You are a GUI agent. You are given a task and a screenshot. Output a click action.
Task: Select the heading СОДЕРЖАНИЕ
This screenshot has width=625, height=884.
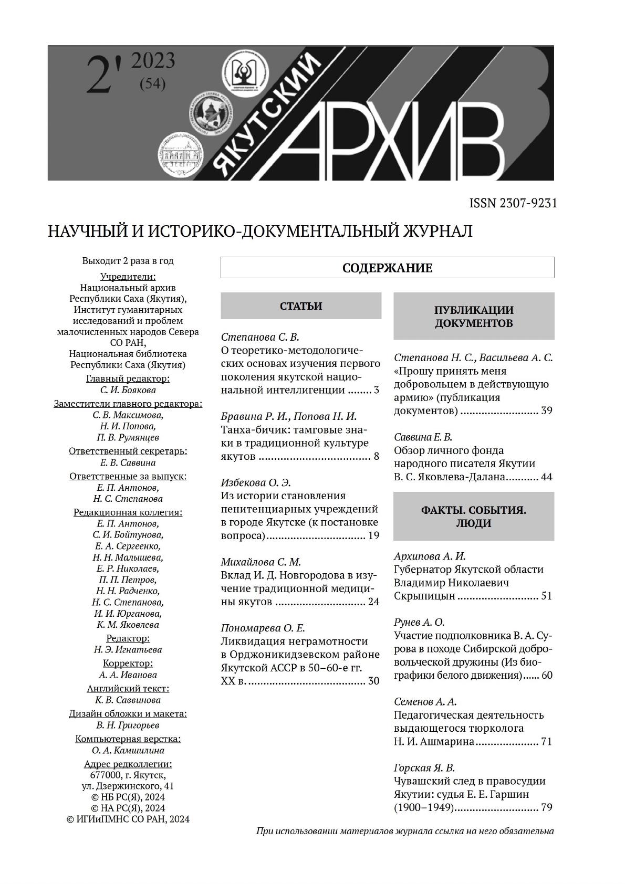pos(387,268)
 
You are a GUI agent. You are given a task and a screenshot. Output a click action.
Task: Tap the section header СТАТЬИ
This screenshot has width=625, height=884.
pos(300,306)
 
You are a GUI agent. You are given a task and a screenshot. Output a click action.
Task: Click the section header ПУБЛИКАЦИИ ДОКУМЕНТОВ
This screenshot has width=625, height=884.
pos(474,316)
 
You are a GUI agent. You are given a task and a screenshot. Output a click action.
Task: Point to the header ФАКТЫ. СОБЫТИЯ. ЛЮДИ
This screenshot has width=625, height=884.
pos(474,517)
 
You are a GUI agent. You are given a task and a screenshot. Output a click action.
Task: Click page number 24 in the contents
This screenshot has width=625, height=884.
pos(373,602)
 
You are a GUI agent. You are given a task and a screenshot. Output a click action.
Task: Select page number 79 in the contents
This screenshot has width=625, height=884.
pos(546,807)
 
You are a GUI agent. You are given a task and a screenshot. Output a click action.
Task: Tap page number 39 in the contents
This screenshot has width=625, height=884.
pos(546,411)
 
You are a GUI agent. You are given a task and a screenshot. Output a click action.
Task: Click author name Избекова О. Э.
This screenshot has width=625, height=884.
pos(256,482)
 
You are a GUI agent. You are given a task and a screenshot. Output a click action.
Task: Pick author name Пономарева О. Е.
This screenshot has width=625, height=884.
pos(263,628)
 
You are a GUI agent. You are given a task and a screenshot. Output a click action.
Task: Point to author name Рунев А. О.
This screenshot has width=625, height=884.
pos(419,622)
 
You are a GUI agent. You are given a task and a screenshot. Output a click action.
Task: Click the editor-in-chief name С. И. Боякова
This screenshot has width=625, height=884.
pos(128,390)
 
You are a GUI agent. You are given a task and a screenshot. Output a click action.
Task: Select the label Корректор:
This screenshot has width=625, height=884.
pos(128,663)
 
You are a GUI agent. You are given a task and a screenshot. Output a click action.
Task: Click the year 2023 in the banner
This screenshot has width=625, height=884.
pos(153,61)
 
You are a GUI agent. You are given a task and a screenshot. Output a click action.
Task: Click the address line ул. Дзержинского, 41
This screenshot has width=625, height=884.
pos(128,786)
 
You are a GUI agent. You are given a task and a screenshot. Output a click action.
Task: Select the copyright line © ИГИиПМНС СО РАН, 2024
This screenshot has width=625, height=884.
pos(128,819)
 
